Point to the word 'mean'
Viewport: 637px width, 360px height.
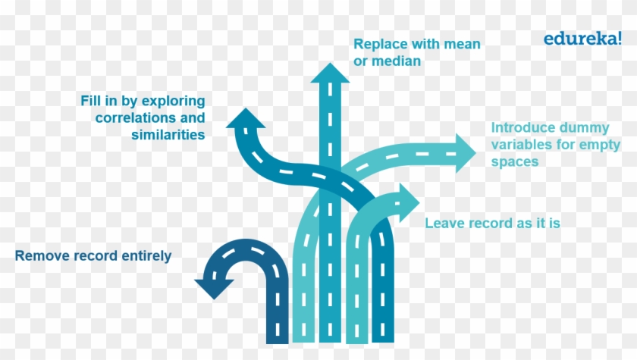pos(463,44)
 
